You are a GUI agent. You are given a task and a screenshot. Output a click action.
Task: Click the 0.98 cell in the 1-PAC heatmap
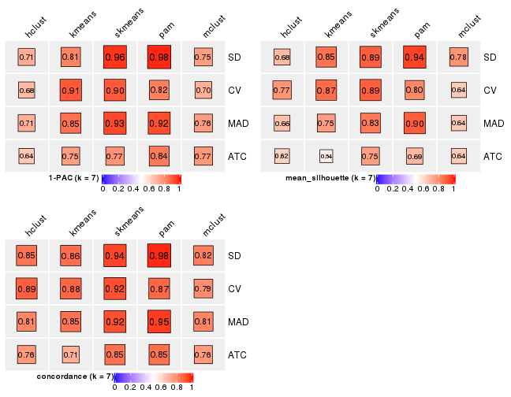click(x=159, y=57)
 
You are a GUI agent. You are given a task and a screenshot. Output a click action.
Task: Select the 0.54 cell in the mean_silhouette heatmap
click(x=326, y=156)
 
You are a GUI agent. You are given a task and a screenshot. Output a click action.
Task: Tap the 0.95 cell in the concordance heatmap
click(x=159, y=321)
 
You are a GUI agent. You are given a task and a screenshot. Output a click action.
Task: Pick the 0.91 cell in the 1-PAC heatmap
click(x=70, y=90)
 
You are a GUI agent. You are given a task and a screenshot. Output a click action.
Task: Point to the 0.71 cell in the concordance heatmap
click(x=70, y=354)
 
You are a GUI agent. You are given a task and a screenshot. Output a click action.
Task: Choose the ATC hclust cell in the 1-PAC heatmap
click(x=26, y=156)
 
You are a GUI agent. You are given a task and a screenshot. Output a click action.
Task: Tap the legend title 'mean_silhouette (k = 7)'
click(x=330, y=179)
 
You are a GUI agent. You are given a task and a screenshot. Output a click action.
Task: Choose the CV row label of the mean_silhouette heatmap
click(x=490, y=90)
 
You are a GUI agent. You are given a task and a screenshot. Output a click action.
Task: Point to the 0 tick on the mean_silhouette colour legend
click(x=377, y=189)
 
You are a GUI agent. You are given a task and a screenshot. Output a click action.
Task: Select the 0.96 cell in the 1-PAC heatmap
click(x=114, y=57)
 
